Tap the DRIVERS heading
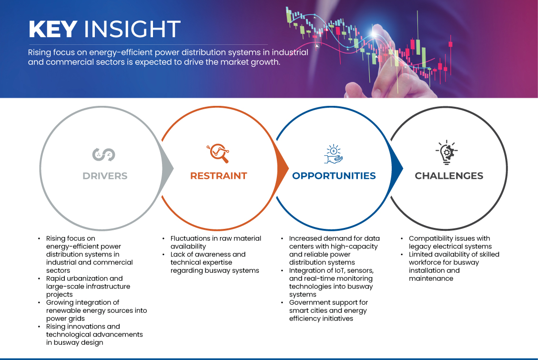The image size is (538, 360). (105, 176)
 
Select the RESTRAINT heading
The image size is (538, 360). (219, 176)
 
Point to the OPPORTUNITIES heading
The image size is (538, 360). (334, 176)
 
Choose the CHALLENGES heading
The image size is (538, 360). (449, 176)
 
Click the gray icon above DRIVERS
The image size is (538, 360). (103, 155)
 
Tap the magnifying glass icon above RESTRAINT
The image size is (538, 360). (218, 153)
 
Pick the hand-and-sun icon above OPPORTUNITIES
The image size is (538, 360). (334, 154)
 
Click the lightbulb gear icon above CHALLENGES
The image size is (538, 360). (447, 153)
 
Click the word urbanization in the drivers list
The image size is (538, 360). (94, 278)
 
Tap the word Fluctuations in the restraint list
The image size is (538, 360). (190, 238)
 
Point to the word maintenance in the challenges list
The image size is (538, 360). (431, 278)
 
